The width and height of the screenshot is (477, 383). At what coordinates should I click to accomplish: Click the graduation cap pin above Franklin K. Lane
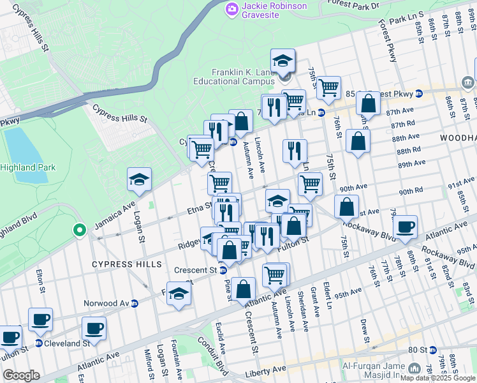(x=283, y=61)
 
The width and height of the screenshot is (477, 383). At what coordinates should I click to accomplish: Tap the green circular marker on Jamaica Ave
(x=79, y=230)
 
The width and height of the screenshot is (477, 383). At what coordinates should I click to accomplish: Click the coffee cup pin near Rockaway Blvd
(x=405, y=226)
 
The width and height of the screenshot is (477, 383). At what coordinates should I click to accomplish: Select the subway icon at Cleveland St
(x=39, y=343)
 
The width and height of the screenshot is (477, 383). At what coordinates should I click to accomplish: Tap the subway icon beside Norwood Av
(x=135, y=303)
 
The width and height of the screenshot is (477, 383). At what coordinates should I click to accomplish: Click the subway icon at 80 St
(x=432, y=350)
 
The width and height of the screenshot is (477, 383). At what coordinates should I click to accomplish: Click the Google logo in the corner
(x=22, y=375)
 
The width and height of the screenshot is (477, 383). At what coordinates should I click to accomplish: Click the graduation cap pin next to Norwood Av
(x=179, y=294)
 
